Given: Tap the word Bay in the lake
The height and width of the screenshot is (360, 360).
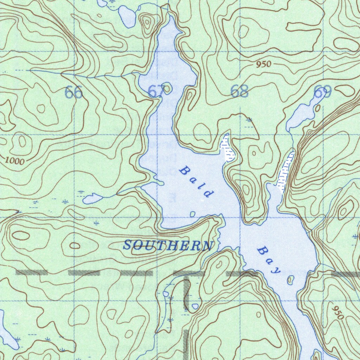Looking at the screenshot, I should (x=269, y=261).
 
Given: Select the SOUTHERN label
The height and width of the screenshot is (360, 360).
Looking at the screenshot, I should (x=168, y=245).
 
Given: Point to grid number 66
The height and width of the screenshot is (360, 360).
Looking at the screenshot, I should (x=74, y=92).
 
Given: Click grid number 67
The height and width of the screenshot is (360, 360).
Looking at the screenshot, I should (x=155, y=92).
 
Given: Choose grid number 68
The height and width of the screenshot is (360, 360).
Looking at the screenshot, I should (x=239, y=91).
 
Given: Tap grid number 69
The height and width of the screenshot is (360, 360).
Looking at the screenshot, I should (x=322, y=93).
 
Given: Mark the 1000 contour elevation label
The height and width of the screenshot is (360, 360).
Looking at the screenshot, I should (x=15, y=161).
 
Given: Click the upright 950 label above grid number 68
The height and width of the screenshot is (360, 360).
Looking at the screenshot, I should (x=264, y=64).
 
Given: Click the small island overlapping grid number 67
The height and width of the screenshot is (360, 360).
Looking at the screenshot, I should (x=167, y=88).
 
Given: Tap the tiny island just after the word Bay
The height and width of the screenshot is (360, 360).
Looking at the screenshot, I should (x=290, y=280).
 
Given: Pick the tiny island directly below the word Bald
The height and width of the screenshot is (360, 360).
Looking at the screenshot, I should (x=193, y=214).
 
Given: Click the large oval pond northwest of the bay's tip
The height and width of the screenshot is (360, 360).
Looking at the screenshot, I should (x=127, y=16).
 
